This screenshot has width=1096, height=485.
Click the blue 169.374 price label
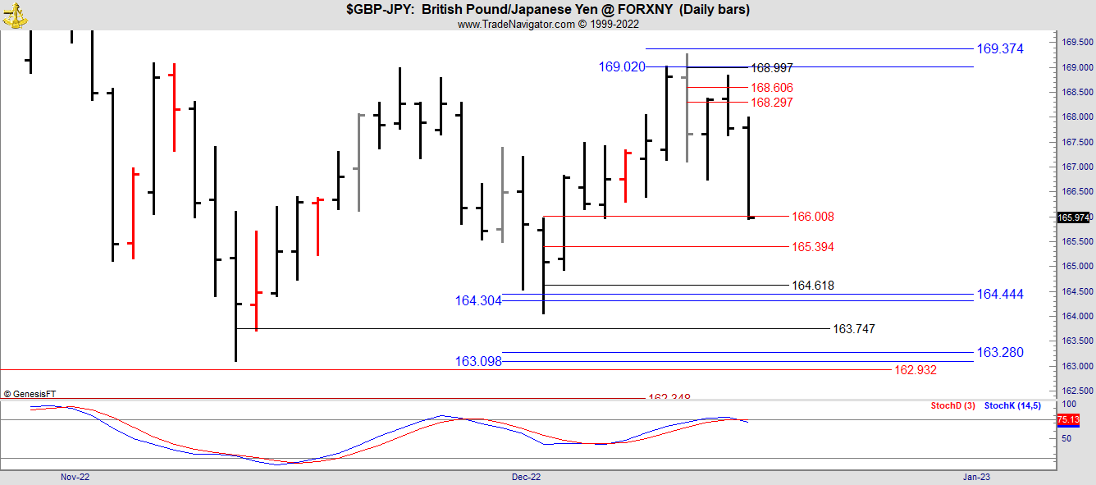[999, 49]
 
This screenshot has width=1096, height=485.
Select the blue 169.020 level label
[622, 67]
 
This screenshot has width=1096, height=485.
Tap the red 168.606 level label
[772, 88]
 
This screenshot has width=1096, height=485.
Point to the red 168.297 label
[772, 103]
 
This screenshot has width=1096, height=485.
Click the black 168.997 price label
[772, 68]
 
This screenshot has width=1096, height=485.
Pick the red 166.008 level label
[812, 217]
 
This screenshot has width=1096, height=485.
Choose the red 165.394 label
[812, 247]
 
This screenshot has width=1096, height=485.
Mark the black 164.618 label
[812, 286]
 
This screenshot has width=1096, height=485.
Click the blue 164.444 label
[999, 294]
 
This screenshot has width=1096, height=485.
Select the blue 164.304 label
[478, 301]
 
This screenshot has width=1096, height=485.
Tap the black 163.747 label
[853, 329]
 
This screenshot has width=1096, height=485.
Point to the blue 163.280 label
[999, 353]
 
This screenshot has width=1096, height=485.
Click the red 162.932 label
[915, 370]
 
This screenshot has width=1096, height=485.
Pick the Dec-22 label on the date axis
[526, 477]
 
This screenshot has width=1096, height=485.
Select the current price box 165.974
[1074, 217]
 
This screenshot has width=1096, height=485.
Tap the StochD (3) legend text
[952, 406]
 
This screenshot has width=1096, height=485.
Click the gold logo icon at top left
[15, 14]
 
